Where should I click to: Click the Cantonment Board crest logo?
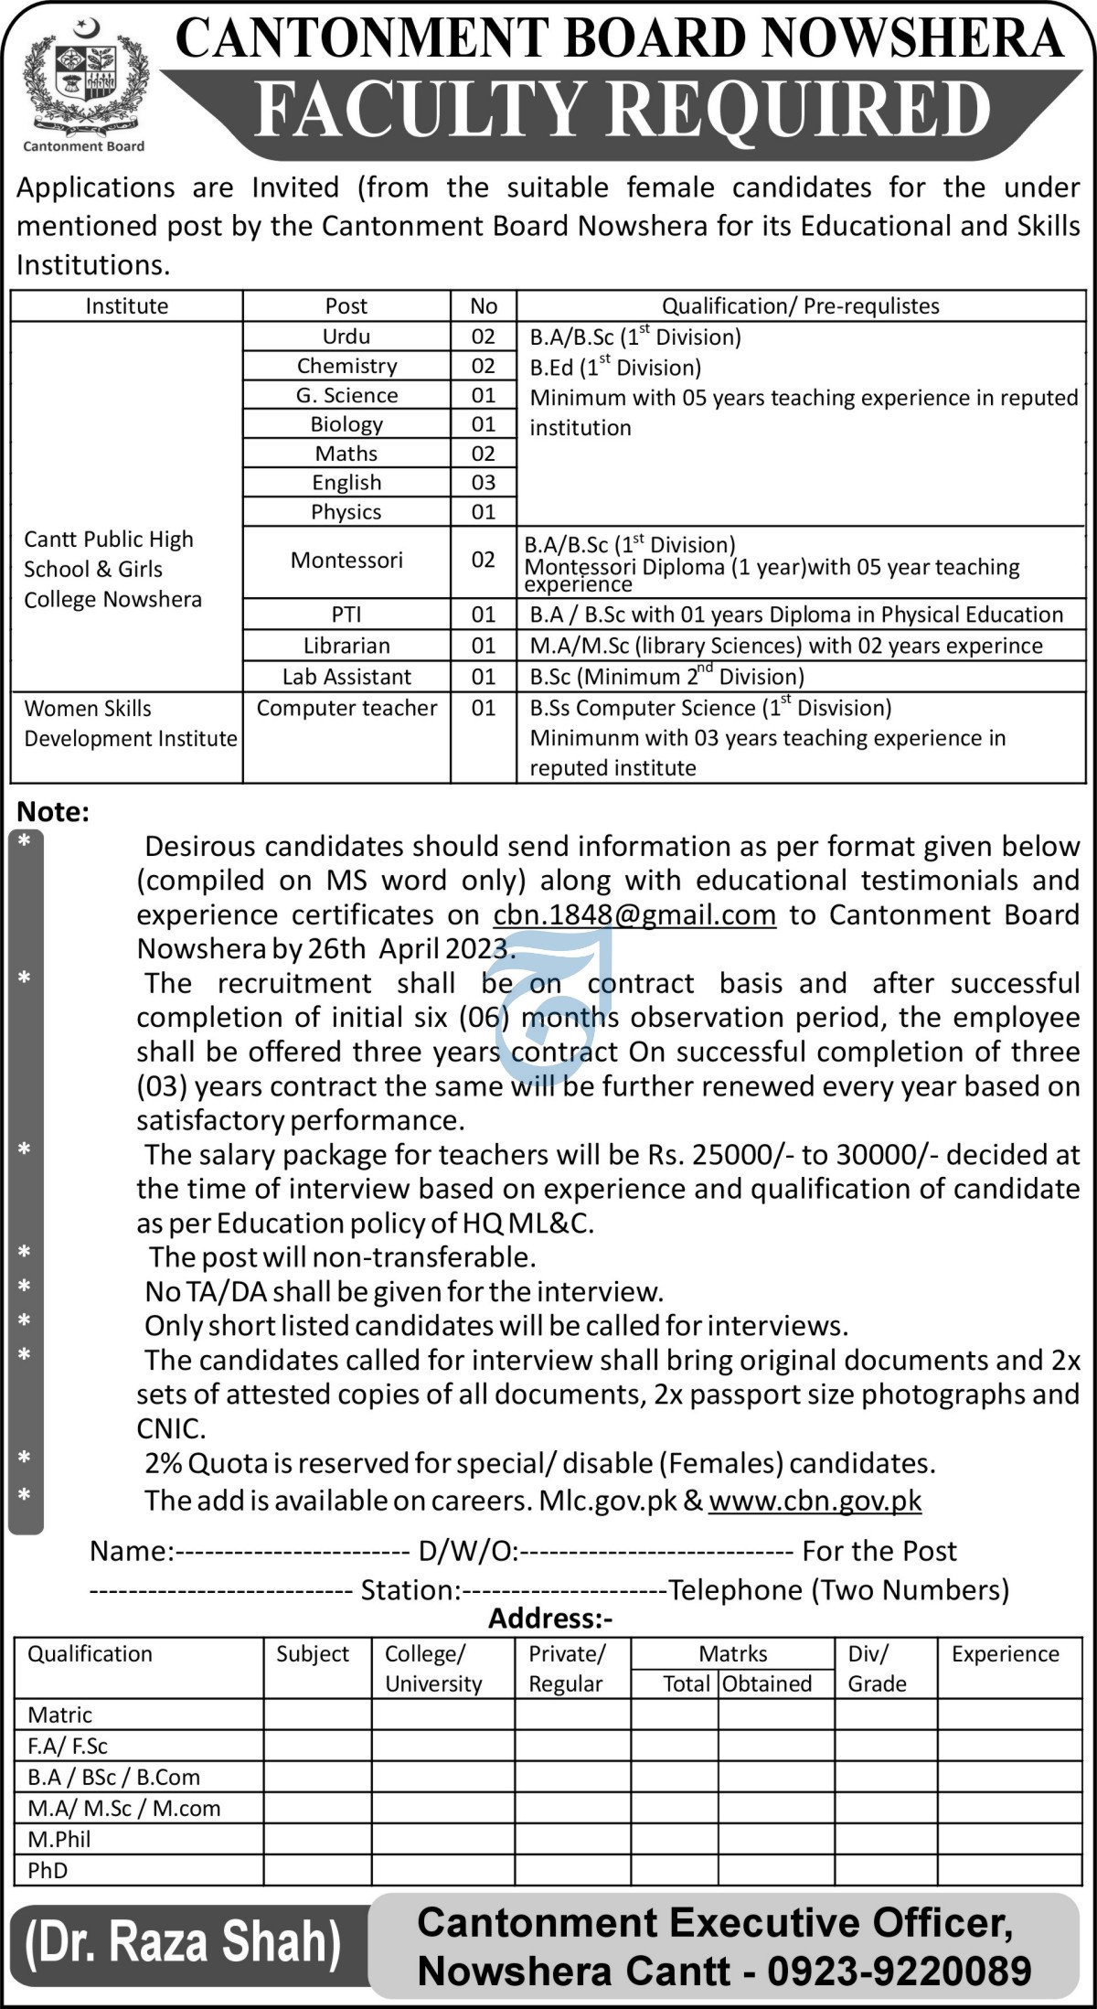(83, 86)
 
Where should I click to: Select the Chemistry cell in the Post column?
(346, 366)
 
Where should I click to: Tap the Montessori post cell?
(346, 560)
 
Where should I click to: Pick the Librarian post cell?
(346, 646)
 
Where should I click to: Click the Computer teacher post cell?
(346, 708)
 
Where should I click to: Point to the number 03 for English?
(483, 483)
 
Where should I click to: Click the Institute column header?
(126, 306)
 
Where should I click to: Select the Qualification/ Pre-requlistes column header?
(800, 306)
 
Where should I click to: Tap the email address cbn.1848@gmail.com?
(634, 914)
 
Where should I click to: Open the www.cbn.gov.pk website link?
(815, 1501)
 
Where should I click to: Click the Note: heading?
(53, 812)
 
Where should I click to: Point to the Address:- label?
(550, 1619)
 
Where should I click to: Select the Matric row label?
(59, 1715)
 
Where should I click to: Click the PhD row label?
(48, 1870)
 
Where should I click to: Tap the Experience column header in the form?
(1005, 1654)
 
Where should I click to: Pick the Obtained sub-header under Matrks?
(766, 1683)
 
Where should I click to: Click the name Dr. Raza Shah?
(183, 1941)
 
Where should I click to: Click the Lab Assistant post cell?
(346, 677)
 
